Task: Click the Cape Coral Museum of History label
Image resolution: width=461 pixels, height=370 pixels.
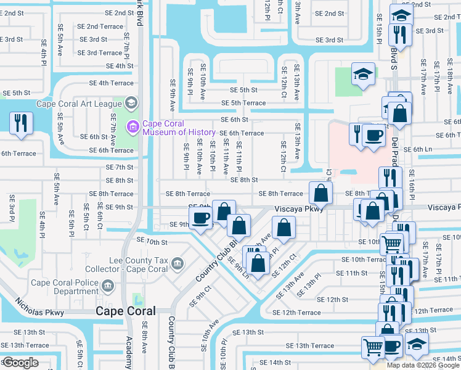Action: (x=179, y=128)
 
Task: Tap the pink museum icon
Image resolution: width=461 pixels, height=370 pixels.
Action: (x=131, y=128)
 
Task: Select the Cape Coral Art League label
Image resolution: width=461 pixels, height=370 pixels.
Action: (x=80, y=104)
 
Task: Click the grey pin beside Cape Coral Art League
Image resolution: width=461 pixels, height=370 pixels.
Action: (x=131, y=102)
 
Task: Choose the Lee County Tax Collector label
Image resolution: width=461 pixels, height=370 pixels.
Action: (x=139, y=265)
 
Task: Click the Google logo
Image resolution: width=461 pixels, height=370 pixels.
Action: (x=20, y=362)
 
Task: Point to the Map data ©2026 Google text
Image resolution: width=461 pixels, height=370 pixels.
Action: (x=422, y=365)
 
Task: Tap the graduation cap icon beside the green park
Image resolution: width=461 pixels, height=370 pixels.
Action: (x=363, y=75)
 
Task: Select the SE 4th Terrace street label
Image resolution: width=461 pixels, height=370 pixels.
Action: (x=112, y=83)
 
